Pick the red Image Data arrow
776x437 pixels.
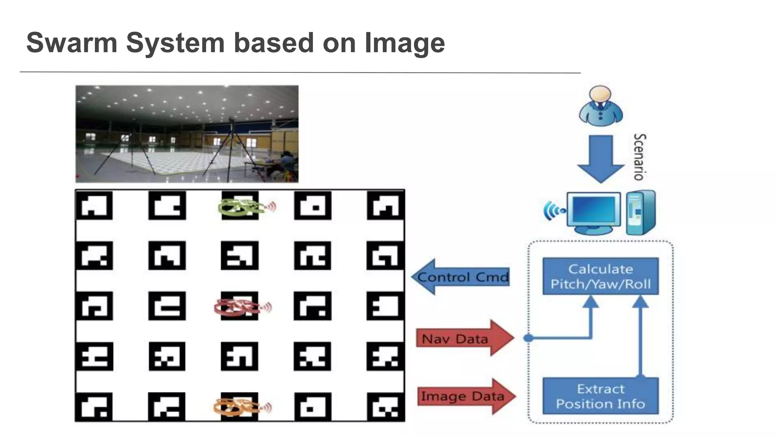(466, 396)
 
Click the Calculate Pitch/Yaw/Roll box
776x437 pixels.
(600, 277)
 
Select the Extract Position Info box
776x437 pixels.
(600, 396)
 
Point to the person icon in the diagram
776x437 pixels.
(600, 106)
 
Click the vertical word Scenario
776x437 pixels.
(640, 157)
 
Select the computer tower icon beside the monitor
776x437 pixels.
(640, 212)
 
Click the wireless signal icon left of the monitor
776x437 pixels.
(552, 211)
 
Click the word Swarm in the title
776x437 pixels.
(72, 43)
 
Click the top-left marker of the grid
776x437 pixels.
(94, 206)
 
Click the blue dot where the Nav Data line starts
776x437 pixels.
(528, 338)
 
